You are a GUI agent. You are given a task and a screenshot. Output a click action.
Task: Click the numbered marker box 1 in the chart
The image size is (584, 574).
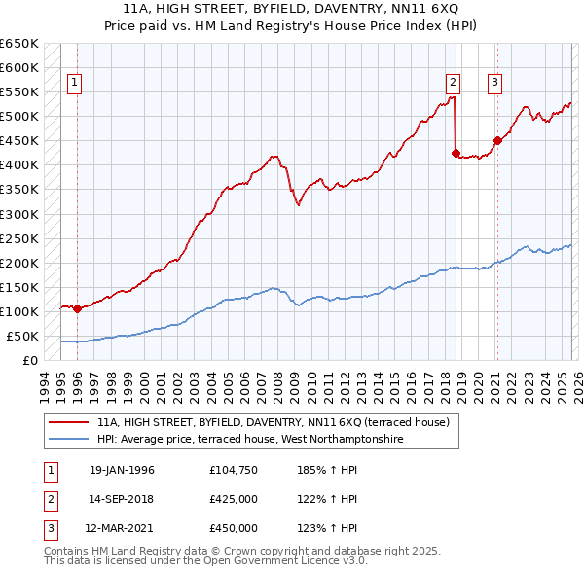[x=75, y=84]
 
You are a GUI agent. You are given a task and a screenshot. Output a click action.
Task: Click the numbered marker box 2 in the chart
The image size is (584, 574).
[x=454, y=84]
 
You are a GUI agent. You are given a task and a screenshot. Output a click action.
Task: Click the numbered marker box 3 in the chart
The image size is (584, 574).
[x=494, y=84]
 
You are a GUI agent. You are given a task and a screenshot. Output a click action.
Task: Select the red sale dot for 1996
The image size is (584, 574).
[x=77, y=309]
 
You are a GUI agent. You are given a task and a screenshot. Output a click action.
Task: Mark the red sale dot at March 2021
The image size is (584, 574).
[x=497, y=140]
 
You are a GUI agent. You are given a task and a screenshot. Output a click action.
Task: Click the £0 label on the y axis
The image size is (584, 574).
[x=30, y=361]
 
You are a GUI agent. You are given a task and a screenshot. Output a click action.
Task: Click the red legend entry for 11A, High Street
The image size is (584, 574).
[x=273, y=423]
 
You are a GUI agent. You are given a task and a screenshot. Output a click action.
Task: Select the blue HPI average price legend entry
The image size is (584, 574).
[x=249, y=440]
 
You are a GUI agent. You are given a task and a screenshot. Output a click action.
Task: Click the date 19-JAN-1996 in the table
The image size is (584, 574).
[x=122, y=470]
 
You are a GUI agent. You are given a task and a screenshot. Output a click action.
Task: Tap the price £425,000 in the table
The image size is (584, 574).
[x=234, y=499]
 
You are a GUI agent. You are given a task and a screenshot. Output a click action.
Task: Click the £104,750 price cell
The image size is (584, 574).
[x=234, y=470]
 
